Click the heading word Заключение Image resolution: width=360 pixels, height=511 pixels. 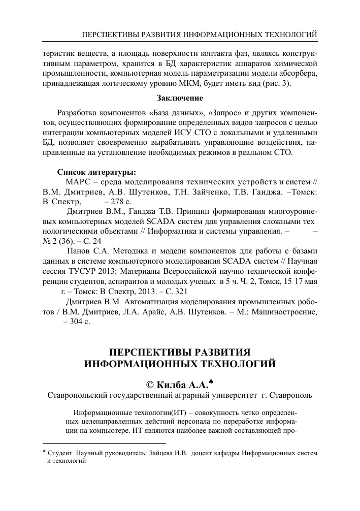click(180, 98)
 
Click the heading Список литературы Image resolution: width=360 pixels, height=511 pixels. click(96, 172)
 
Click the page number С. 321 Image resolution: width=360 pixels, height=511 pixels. click(177, 291)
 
